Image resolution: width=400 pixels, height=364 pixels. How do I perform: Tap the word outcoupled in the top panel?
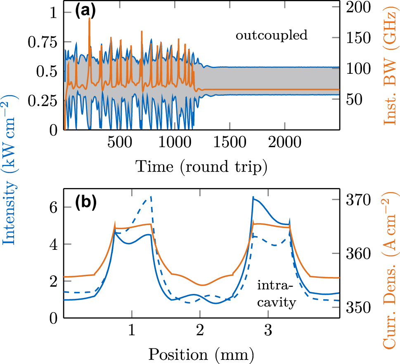point(272,36)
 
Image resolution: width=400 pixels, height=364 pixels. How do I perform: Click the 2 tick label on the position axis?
point(200,330)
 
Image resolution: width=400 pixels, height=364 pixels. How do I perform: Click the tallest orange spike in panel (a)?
point(90,20)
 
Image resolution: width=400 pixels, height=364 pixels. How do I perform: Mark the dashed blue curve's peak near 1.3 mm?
point(151,197)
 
